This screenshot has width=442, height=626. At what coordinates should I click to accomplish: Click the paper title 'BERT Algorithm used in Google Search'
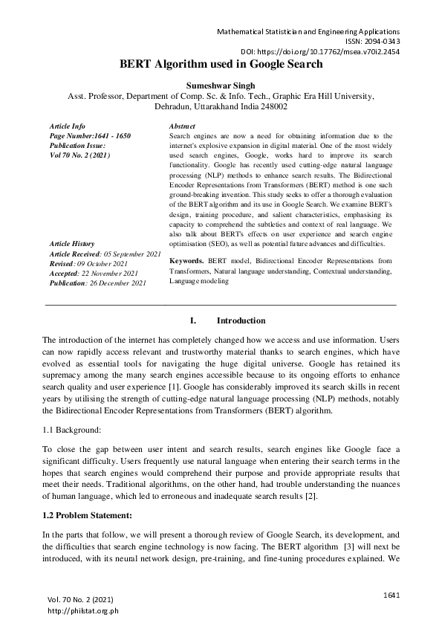coord(221,65)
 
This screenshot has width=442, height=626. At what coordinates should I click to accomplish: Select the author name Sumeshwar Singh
coord(221,85)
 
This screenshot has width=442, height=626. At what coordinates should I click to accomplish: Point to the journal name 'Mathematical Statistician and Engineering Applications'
coord(308,32)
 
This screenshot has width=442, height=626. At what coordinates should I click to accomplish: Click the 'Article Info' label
coord(67,127)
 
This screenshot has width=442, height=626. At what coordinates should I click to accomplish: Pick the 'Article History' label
coord(72,244)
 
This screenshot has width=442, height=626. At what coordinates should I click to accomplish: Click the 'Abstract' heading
coord(182,127)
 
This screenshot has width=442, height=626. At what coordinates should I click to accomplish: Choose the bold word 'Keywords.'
coord(186,262)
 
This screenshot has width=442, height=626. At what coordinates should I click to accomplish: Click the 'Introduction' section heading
coord(241,320)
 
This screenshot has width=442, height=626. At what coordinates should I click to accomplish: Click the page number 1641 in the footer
coord(391,594)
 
